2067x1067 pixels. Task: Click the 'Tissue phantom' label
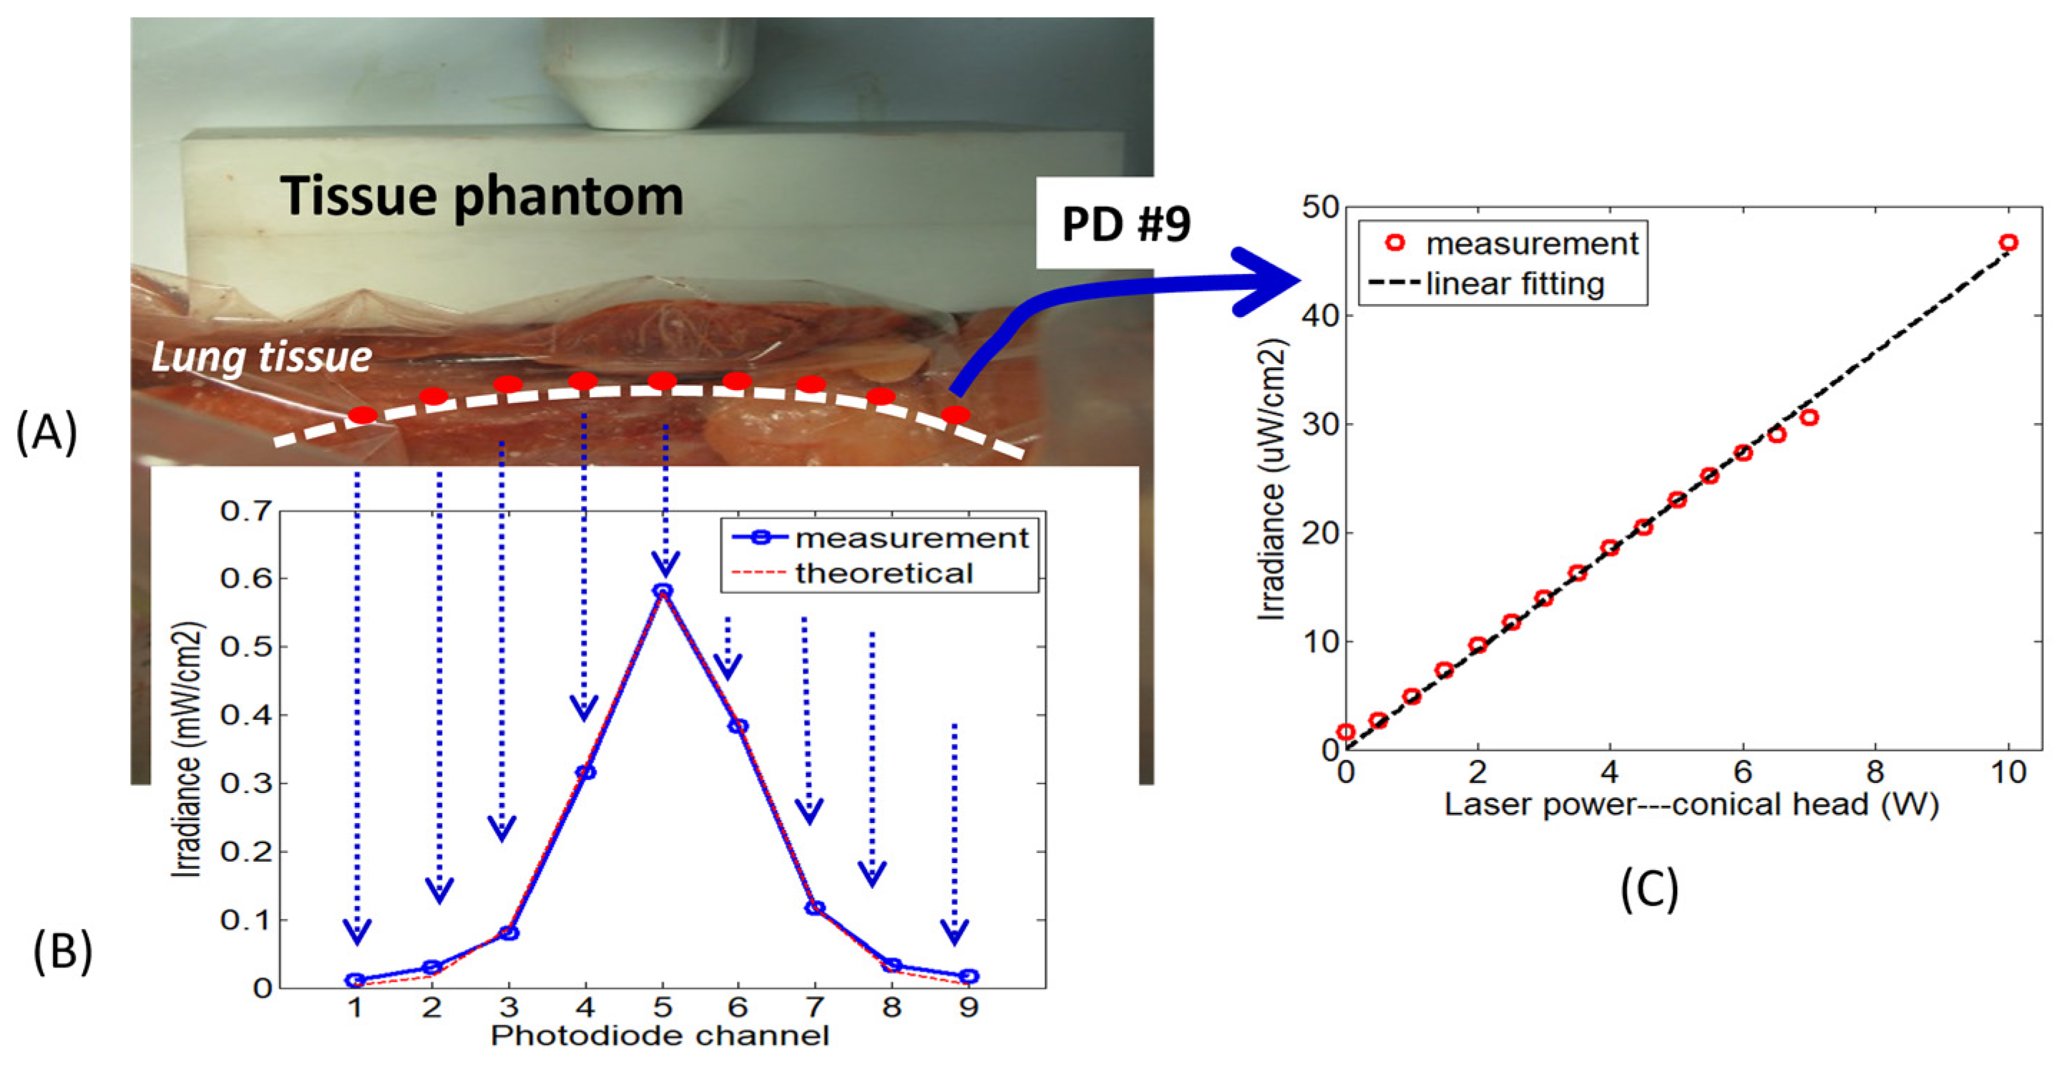coord(482,196)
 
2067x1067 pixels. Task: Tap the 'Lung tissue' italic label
coord(262,356)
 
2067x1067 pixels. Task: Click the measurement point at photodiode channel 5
coord(663,591)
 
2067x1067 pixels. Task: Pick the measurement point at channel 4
coord(586,772)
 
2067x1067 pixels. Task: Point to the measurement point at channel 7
coord(814,907)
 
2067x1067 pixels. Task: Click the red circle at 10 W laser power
coord(2008,243)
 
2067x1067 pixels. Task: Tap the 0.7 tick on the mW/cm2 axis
coord(247,511)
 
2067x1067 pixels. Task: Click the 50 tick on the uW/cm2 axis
coord(1320,207)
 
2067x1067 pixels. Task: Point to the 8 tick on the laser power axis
coord(1875,772)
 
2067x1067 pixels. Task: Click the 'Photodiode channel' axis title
coord(660,1036)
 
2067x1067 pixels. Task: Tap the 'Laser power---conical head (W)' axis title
coord(1691,804)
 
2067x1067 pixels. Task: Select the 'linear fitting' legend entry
coord(1515,284)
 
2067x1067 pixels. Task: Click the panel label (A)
coord(47,433)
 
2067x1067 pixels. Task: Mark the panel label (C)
coord(1650,890)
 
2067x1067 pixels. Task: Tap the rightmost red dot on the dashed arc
coord(956,415)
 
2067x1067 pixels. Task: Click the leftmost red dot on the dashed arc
coord(362,415)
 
